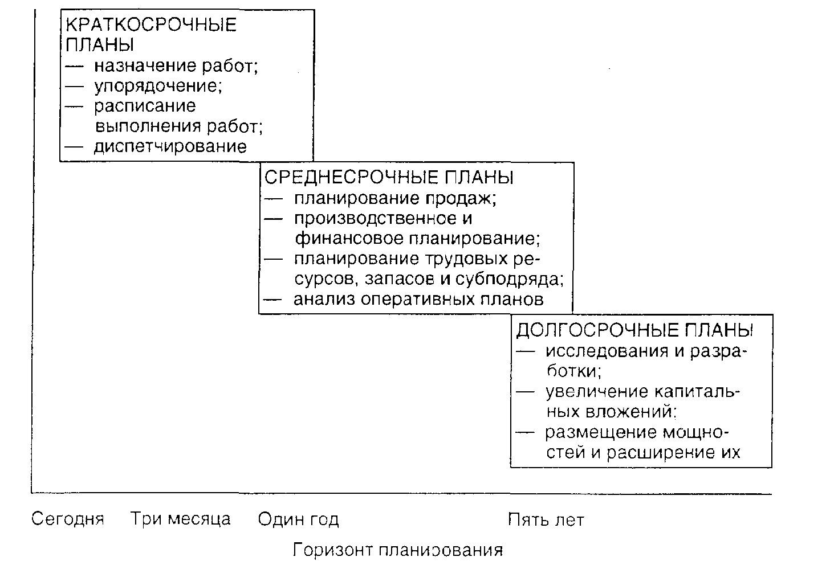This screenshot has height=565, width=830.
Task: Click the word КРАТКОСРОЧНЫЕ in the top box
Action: [x=151, y=24]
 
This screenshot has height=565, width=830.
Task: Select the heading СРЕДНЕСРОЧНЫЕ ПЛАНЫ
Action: [x=389, y=177]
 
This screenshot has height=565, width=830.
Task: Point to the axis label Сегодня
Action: [x=68, y=519]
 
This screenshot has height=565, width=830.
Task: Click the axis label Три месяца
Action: [x=181, y=519]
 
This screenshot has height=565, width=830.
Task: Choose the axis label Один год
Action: [x=298, y=519]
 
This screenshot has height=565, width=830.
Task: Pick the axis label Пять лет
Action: [x=546, y=519]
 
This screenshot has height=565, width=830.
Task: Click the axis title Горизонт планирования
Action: [x=398, y=550]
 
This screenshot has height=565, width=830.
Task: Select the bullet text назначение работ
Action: [x=176, y=66]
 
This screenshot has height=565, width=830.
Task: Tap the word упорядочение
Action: [x=158, y=86]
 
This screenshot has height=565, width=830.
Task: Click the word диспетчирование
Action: [x=170, y=146]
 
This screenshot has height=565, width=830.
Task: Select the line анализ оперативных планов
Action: [x=418, y=299]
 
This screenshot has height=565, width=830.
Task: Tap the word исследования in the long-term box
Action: [x=606, y=350]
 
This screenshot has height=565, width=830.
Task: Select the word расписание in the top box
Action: [x=145, y=106]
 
